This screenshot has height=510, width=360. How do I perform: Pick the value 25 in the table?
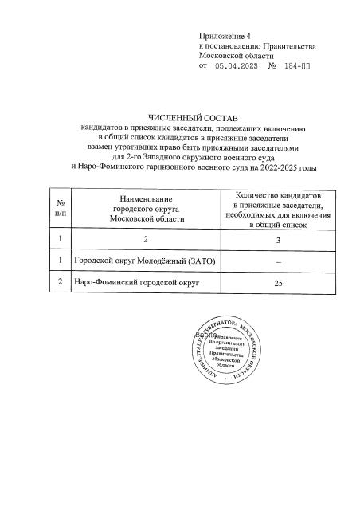point(278,282)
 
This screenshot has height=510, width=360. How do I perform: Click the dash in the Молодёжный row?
point(278,261)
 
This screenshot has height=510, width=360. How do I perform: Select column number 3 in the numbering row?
point(278,238)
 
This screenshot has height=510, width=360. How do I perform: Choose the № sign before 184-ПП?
point(272,67)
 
